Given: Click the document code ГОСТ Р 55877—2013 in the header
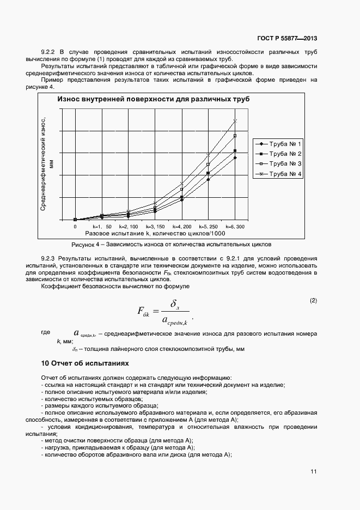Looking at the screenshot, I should tap(286, 38).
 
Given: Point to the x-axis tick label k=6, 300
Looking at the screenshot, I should tap(235, 226).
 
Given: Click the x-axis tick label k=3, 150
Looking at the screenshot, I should tap(155, 226).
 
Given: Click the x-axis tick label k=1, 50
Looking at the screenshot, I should tap(102, 226).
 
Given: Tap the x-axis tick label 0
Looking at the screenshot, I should tap(75, 226).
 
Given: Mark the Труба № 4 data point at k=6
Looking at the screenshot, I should tap(235, 120).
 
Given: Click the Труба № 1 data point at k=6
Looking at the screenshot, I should tap(235, 157).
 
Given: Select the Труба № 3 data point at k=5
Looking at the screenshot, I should tap(208, 164).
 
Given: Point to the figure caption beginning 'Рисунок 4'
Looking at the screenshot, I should tap(167, 244).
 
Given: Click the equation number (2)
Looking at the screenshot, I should tap(313, 301).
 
